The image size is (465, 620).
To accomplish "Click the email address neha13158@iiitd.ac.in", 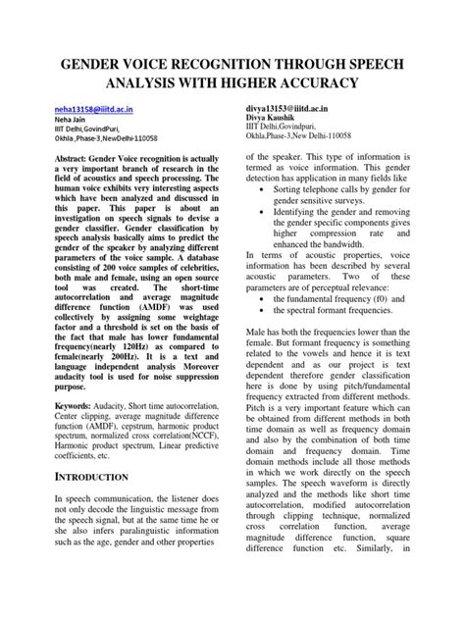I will (x=93, y=113).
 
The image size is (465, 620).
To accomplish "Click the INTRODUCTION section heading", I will (x=91, y=476).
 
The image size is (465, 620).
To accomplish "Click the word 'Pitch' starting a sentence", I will (x=259, y=440).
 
